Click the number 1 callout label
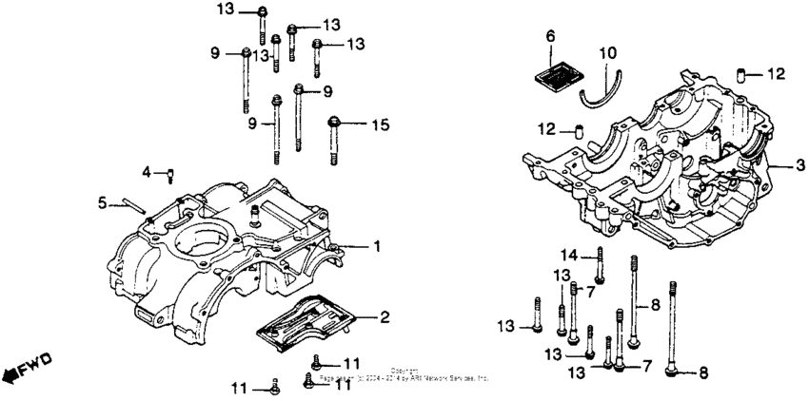[x=377, y=246]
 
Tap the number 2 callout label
[x=385, y=316]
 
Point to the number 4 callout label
[x=147, y=172]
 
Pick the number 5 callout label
[x=103, y=201]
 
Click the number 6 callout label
[x=550, y=36]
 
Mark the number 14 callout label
[x=566, y=254]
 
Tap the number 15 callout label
[x=380, y=124]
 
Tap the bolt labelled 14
[x=600, y=263]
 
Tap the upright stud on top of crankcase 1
[x=255, y=217]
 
